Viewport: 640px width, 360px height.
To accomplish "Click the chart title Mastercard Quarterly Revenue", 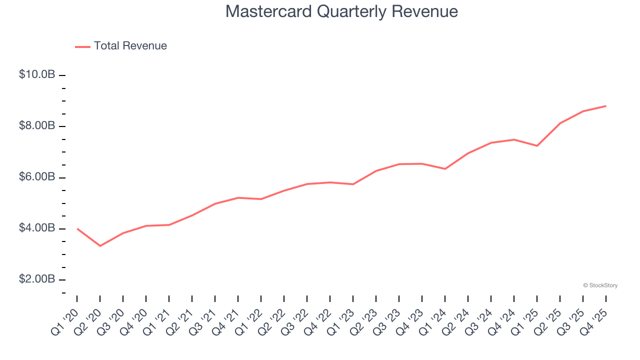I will (x=341, y=11).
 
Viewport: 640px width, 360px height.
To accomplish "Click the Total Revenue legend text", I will (x=130, y=46).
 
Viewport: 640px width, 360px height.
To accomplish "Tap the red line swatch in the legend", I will (x=82, y=46).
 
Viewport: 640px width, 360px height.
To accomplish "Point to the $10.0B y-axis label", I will (x=37, y=74).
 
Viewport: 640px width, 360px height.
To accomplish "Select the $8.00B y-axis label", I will (x=37, y=125).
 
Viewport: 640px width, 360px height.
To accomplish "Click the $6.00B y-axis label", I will (x=37, y=177).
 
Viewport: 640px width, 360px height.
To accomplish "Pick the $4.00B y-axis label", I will (x=37, y=228).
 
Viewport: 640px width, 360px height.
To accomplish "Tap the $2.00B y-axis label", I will (x=37, y=279).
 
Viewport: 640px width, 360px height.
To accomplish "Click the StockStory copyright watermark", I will (x=600, y=285).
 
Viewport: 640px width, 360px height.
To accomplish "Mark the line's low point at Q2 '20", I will (x=100, y=246).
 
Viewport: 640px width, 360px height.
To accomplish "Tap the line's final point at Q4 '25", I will (x=606, y=106).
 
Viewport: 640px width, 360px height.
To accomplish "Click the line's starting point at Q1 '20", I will (x=77, y=228).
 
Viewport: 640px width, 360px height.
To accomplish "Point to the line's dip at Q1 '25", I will (x=537, y=146).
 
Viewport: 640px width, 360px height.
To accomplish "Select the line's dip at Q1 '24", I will (x=445, y=169).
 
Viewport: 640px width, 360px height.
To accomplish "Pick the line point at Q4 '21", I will (x=238, y=197).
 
